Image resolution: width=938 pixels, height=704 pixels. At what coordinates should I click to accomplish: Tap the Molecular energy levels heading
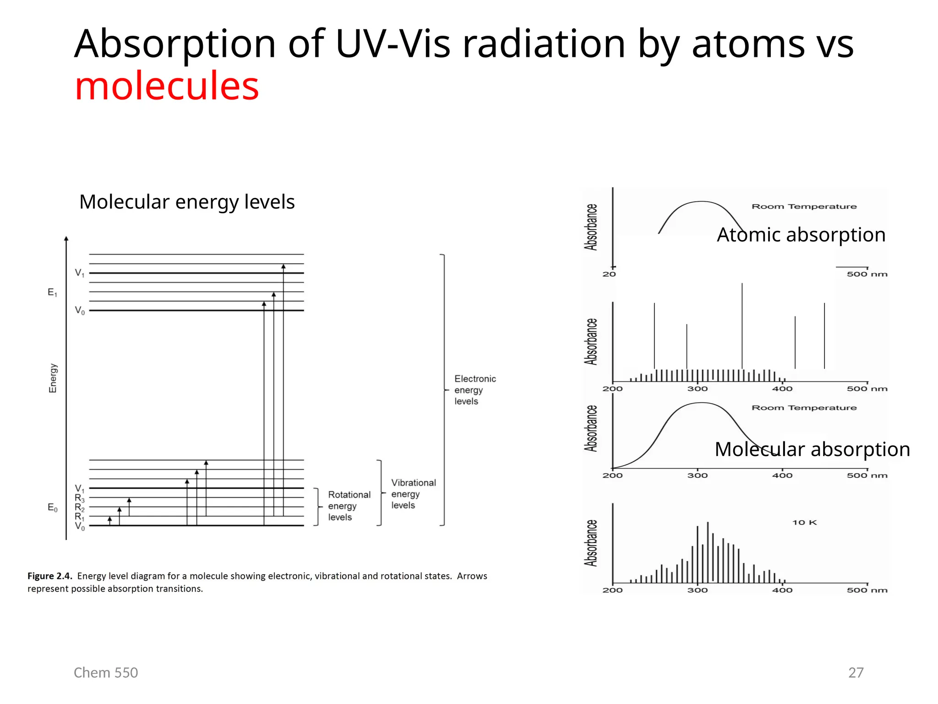(187, 202)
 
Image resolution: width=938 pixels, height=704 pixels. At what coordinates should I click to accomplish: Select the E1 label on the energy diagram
(53, 292)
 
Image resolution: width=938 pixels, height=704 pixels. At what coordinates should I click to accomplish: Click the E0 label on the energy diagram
(53, 507)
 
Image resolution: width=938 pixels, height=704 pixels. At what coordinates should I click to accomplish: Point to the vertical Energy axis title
(53, 378)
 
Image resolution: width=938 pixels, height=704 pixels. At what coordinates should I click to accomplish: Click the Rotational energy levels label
(349, 506)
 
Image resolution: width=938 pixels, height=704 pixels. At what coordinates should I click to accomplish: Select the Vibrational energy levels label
(413, 494)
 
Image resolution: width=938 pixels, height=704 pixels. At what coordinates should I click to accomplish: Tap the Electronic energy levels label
(474, 390)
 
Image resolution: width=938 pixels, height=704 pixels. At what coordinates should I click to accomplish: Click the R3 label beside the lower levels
(80, 498)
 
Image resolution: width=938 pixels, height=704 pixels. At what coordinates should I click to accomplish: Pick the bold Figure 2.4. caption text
(50, 576)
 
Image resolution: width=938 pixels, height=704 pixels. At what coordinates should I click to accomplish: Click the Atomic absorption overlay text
(801, 235)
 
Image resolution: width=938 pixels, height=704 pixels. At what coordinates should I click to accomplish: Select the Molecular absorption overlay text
(812, 449)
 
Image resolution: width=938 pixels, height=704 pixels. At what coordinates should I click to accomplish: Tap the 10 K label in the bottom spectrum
(804, 522)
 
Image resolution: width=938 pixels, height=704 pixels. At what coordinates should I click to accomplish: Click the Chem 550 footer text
(106, 672)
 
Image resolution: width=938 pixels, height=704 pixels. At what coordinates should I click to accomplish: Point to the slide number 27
(856, 672)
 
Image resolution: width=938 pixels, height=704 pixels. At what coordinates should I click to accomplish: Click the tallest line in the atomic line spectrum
(742, 325)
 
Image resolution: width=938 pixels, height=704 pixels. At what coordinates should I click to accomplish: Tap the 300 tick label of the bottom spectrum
(697, 590)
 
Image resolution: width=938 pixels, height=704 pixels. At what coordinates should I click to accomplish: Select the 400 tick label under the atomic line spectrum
(782, 389)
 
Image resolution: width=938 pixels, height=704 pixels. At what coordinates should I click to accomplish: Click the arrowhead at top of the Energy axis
(66, 239)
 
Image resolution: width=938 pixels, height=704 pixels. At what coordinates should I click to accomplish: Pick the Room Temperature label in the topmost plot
(804, 207)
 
